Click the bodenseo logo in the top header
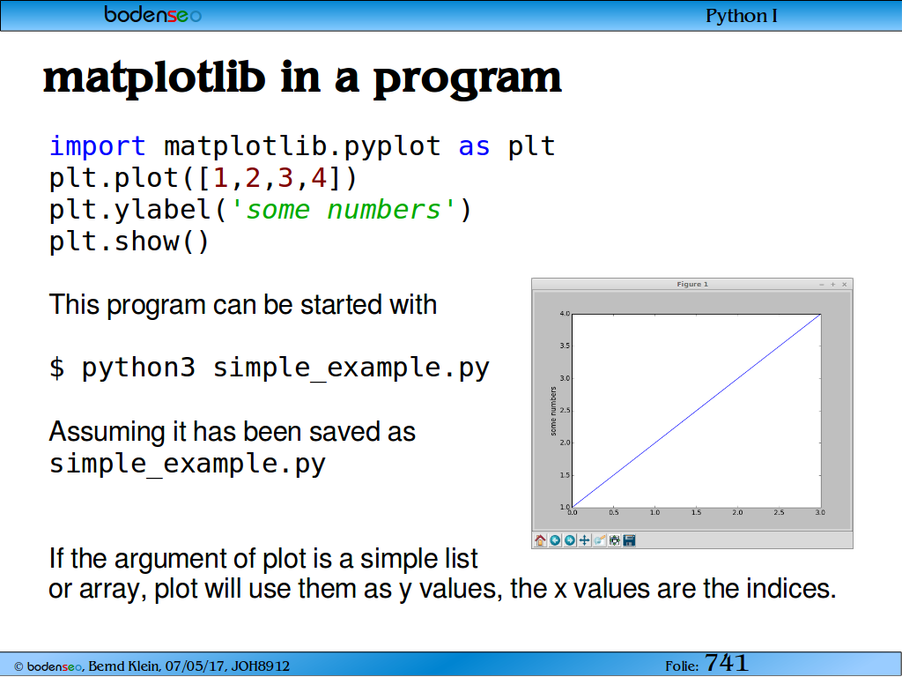[x=153, y=14]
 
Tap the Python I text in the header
[x=741, y=16]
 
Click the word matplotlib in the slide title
[x=154, y=78]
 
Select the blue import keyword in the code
[x=97, y=146]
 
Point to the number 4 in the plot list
[x=319, y=178]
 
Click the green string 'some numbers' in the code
[x=344, y=210]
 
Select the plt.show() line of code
[x=129, y=242]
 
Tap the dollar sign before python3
[x=57, y=368]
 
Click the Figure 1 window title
[x=692, y=285]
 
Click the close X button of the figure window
[x=845, y=285]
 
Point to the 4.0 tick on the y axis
[x=565, y=314]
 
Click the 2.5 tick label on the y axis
[x=565, y=411]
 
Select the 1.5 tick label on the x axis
[x=696, y=512]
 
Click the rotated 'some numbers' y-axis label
[x=553, y=411]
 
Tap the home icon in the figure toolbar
[x=540, y=540]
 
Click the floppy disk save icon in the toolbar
[x=629, y=540]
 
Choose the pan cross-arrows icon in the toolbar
[x=585, y=540]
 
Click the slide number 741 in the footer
[x=726, y=663]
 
